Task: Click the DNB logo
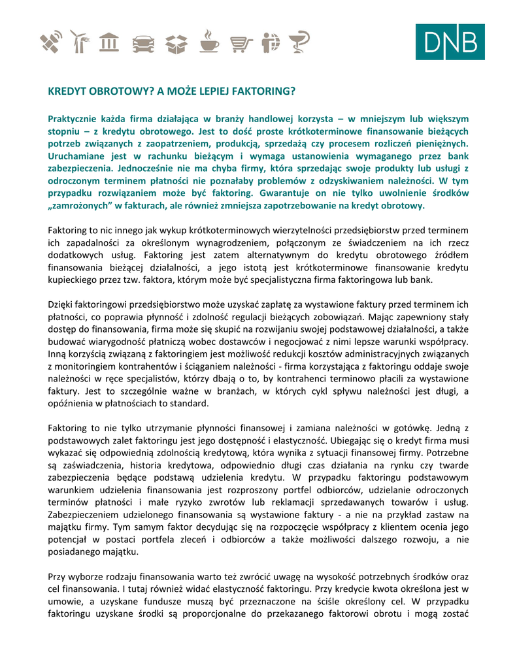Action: click(x=450, y=42)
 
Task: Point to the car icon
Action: click(x=143, y=44)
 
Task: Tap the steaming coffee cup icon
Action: click(x=209, y=41)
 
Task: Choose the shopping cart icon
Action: click(x=242, y=44)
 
